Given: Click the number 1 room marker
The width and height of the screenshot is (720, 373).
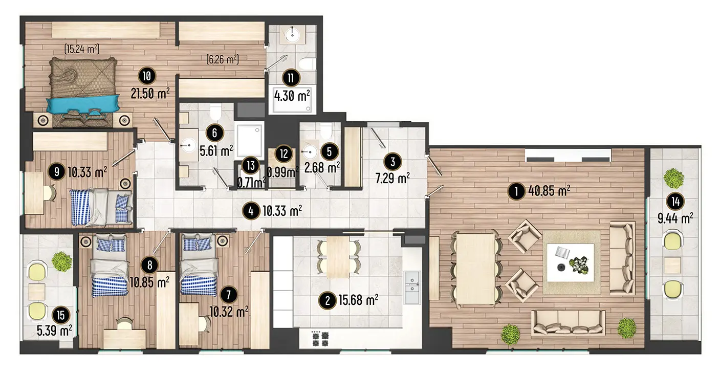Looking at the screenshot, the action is [x=516, y=191].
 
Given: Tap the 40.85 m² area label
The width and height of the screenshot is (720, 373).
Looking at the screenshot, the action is [x=549, y=191].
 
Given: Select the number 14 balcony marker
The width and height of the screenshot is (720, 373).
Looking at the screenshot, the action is [x=675, y=202].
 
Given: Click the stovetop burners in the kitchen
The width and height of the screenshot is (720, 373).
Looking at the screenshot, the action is [x=320, y=339].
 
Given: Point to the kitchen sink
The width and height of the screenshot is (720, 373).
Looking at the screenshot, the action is [x=412, y=288].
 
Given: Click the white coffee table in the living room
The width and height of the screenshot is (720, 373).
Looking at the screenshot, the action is [x=571, y=263].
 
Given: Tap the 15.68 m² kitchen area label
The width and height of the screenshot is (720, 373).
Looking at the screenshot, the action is [x=358, y=300].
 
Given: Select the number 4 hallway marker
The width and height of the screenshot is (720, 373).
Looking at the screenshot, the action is [x=251, y=211].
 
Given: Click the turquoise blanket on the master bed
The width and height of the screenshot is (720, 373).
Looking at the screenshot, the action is [x=83, y=104].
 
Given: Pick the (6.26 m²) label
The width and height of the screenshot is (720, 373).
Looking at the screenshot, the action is [x=223, y=59].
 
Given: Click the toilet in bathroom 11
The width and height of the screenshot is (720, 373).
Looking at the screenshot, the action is [x=307, y=64].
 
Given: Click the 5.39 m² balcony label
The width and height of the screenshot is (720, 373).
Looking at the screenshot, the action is [x=54, y=331].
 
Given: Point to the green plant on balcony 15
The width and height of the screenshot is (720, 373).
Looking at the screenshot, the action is [x=62, y=261].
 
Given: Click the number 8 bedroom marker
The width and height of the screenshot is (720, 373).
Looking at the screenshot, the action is [x=150, y=265].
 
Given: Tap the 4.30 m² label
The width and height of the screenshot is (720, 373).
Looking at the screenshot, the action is [x=292, y=96].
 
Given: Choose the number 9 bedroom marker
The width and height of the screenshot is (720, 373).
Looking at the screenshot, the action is [x=57, y=172].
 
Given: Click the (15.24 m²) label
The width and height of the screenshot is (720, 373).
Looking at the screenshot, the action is [x=82, y=49].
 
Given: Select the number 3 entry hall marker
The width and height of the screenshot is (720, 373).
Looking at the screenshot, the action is [x=392, y=162].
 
